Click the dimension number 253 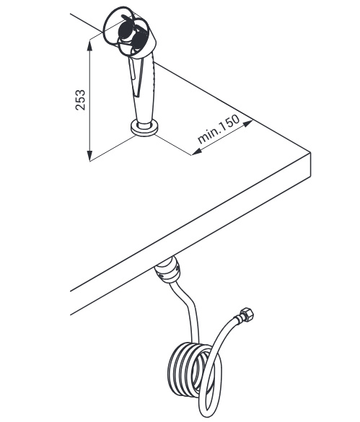point(80,100)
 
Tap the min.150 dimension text point(219,129)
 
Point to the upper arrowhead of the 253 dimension point(90,45)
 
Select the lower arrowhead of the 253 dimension point(90,156)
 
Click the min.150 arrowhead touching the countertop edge point(248,123)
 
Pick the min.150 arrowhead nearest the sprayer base point(196,152)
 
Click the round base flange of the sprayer point(144,128)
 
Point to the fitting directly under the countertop point(168,270)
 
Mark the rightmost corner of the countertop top point(311,153)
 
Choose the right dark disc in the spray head point(139,40)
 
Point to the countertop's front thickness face point(190,234)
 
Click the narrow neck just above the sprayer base point(144,123)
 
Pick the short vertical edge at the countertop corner point(311,164)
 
